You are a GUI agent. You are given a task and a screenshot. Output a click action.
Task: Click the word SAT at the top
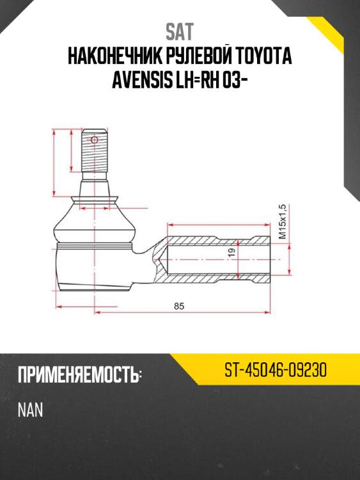click(180, 31)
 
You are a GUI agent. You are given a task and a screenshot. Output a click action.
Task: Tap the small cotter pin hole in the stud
click(95, 140)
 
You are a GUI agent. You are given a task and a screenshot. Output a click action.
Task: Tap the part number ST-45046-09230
click(276, 371)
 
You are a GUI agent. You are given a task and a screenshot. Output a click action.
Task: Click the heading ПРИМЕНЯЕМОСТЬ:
click(79, 375)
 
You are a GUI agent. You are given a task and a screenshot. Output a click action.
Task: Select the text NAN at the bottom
click(31, 410)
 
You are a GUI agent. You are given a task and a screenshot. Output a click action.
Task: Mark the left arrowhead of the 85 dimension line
click(97, 314)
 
